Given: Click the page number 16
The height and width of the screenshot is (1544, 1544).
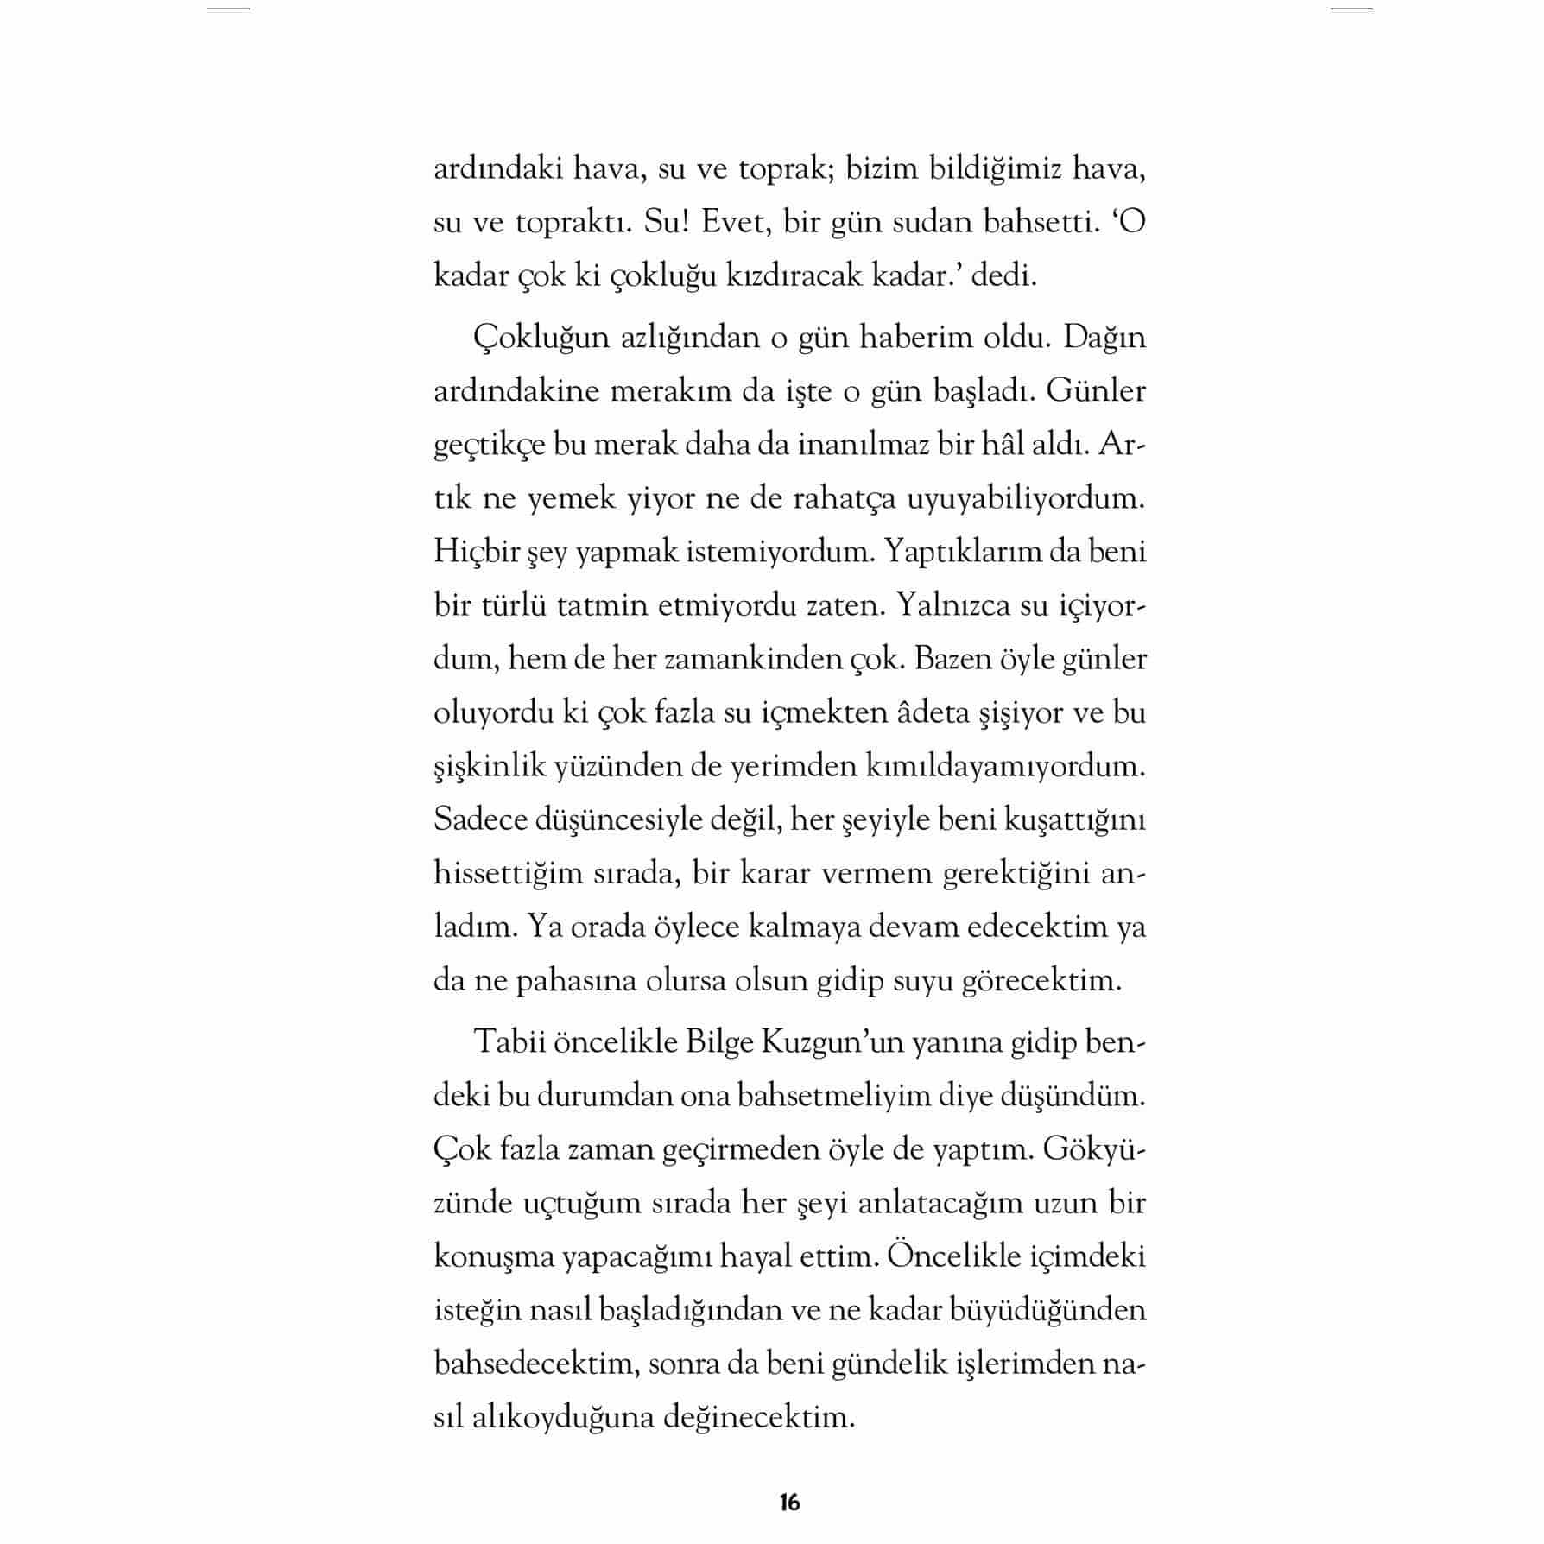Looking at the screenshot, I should tap(789, 1503).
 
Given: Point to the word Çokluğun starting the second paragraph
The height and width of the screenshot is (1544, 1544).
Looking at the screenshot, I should tap(541, 338).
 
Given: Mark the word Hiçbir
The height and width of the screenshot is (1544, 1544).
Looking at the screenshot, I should tap(477, 552).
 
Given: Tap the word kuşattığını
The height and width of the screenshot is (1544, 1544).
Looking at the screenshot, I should tap(1075, 820).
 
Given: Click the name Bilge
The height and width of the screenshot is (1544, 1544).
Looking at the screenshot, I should tap(719, 1042).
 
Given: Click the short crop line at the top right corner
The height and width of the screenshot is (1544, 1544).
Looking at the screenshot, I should tap(1351, 9).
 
